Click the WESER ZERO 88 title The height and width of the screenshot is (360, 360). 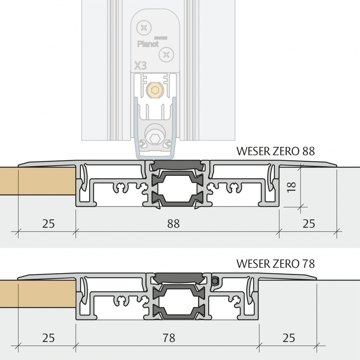pos(276,151)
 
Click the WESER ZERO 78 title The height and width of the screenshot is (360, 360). pos(276,264)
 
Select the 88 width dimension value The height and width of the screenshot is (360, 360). pos(173,224)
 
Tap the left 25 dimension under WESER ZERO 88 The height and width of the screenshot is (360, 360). pos(48,224)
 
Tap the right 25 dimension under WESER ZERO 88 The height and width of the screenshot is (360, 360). pos(309,224)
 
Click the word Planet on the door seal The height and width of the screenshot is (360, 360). pos(148,44)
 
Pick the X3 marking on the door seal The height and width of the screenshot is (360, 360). pos(140,66)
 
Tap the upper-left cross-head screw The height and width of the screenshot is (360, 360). pos(144,28)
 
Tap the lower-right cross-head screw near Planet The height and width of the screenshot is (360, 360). pos(166,55)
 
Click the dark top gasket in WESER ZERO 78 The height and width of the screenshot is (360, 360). pos(179,278)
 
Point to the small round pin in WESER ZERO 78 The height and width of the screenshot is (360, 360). pos(216,280)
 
